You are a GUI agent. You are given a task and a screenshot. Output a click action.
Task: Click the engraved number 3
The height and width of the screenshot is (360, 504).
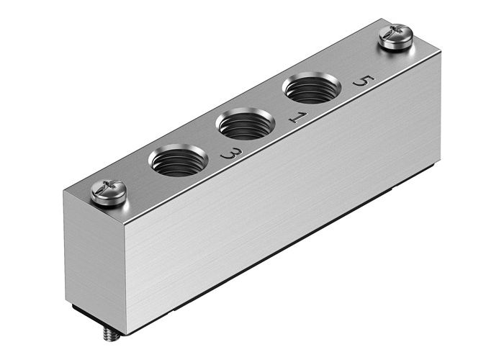click(x=230, y=153)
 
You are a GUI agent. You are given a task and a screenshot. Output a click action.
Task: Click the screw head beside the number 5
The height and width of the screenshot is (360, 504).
click(x=396, y=37)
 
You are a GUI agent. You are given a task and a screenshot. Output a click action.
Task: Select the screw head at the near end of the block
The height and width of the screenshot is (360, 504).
click(x=109, y=193)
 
